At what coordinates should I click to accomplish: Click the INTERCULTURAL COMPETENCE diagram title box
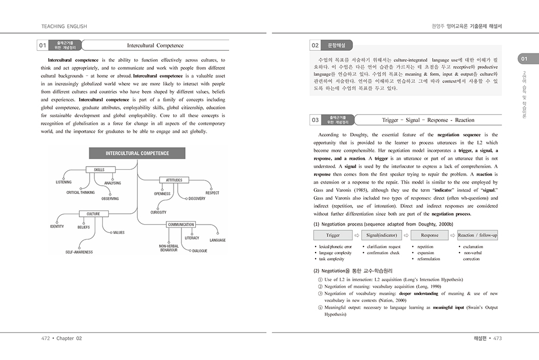(137, 154)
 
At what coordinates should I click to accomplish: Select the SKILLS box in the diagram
(99, 170)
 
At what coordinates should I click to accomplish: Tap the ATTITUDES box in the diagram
(174, 180)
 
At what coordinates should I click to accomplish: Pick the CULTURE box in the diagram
(93, 214)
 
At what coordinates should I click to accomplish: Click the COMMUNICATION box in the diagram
(181, 225)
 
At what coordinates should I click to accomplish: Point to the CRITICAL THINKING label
(80, 192)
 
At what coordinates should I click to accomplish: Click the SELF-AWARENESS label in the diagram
(79, 252)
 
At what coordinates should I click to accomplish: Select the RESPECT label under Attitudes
(212, 193)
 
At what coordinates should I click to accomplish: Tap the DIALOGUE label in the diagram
(200, 251)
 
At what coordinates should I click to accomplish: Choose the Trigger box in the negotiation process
(333, 236)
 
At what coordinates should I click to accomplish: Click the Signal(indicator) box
(381, 236)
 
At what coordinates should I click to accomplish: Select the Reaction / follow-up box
(477, 236)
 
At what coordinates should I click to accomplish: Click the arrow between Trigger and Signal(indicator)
(357, 236)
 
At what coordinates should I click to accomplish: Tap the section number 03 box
(315, 120)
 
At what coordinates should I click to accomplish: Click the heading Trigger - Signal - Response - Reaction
(428, 120)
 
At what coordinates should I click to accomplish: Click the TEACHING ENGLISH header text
(64, 26)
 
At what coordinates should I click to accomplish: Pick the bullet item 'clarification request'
(384, 247)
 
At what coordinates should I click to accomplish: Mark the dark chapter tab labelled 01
(524, 59)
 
